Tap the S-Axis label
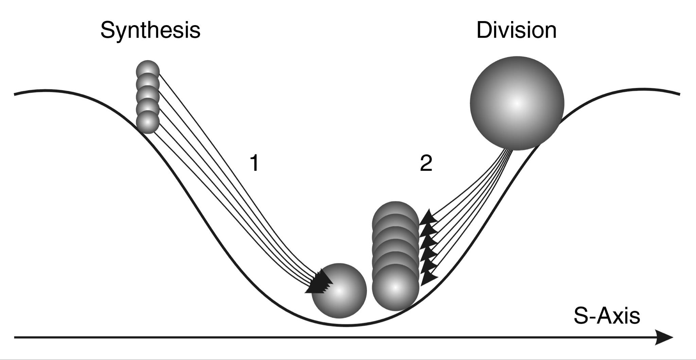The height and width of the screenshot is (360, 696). pos(607,316)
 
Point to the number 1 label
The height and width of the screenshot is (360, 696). pos(254,163)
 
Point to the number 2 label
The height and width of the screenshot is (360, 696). pos(426,163)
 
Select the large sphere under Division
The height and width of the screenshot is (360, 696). pos(517,103)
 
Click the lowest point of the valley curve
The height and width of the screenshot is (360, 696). pos(345,325)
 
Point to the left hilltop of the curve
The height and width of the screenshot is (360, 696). pos(44,91)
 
